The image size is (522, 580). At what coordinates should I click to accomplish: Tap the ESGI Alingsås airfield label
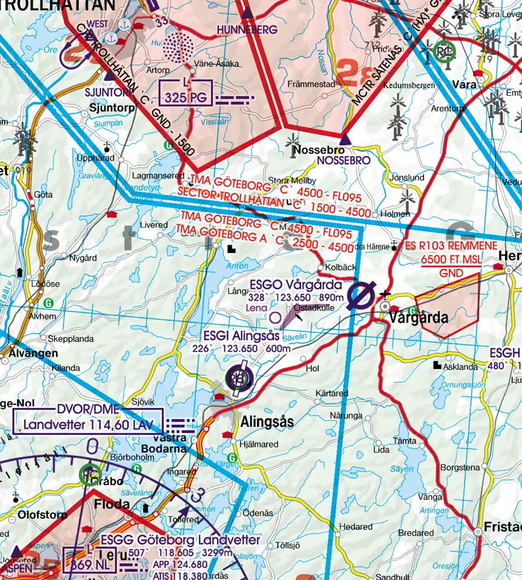coord(241,336)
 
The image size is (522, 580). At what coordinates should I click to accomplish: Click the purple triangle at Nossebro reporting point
coord(345,139)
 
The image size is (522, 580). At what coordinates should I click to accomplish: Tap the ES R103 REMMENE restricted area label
coord(451,245)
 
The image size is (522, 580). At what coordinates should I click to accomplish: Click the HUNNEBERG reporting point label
coord(248,28)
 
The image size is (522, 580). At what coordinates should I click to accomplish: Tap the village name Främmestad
coord(311,84)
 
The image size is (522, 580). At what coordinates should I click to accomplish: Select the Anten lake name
coord(232,266)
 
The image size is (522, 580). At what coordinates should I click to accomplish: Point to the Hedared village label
coord(356,527)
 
